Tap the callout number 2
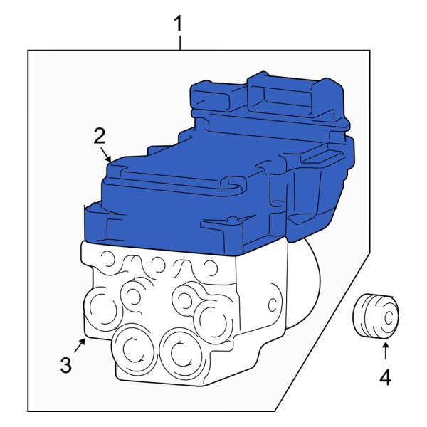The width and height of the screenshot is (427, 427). tap(100, 136)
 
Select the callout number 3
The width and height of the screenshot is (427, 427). tap(65, 366)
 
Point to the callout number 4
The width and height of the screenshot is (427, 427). tap(385, 377)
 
